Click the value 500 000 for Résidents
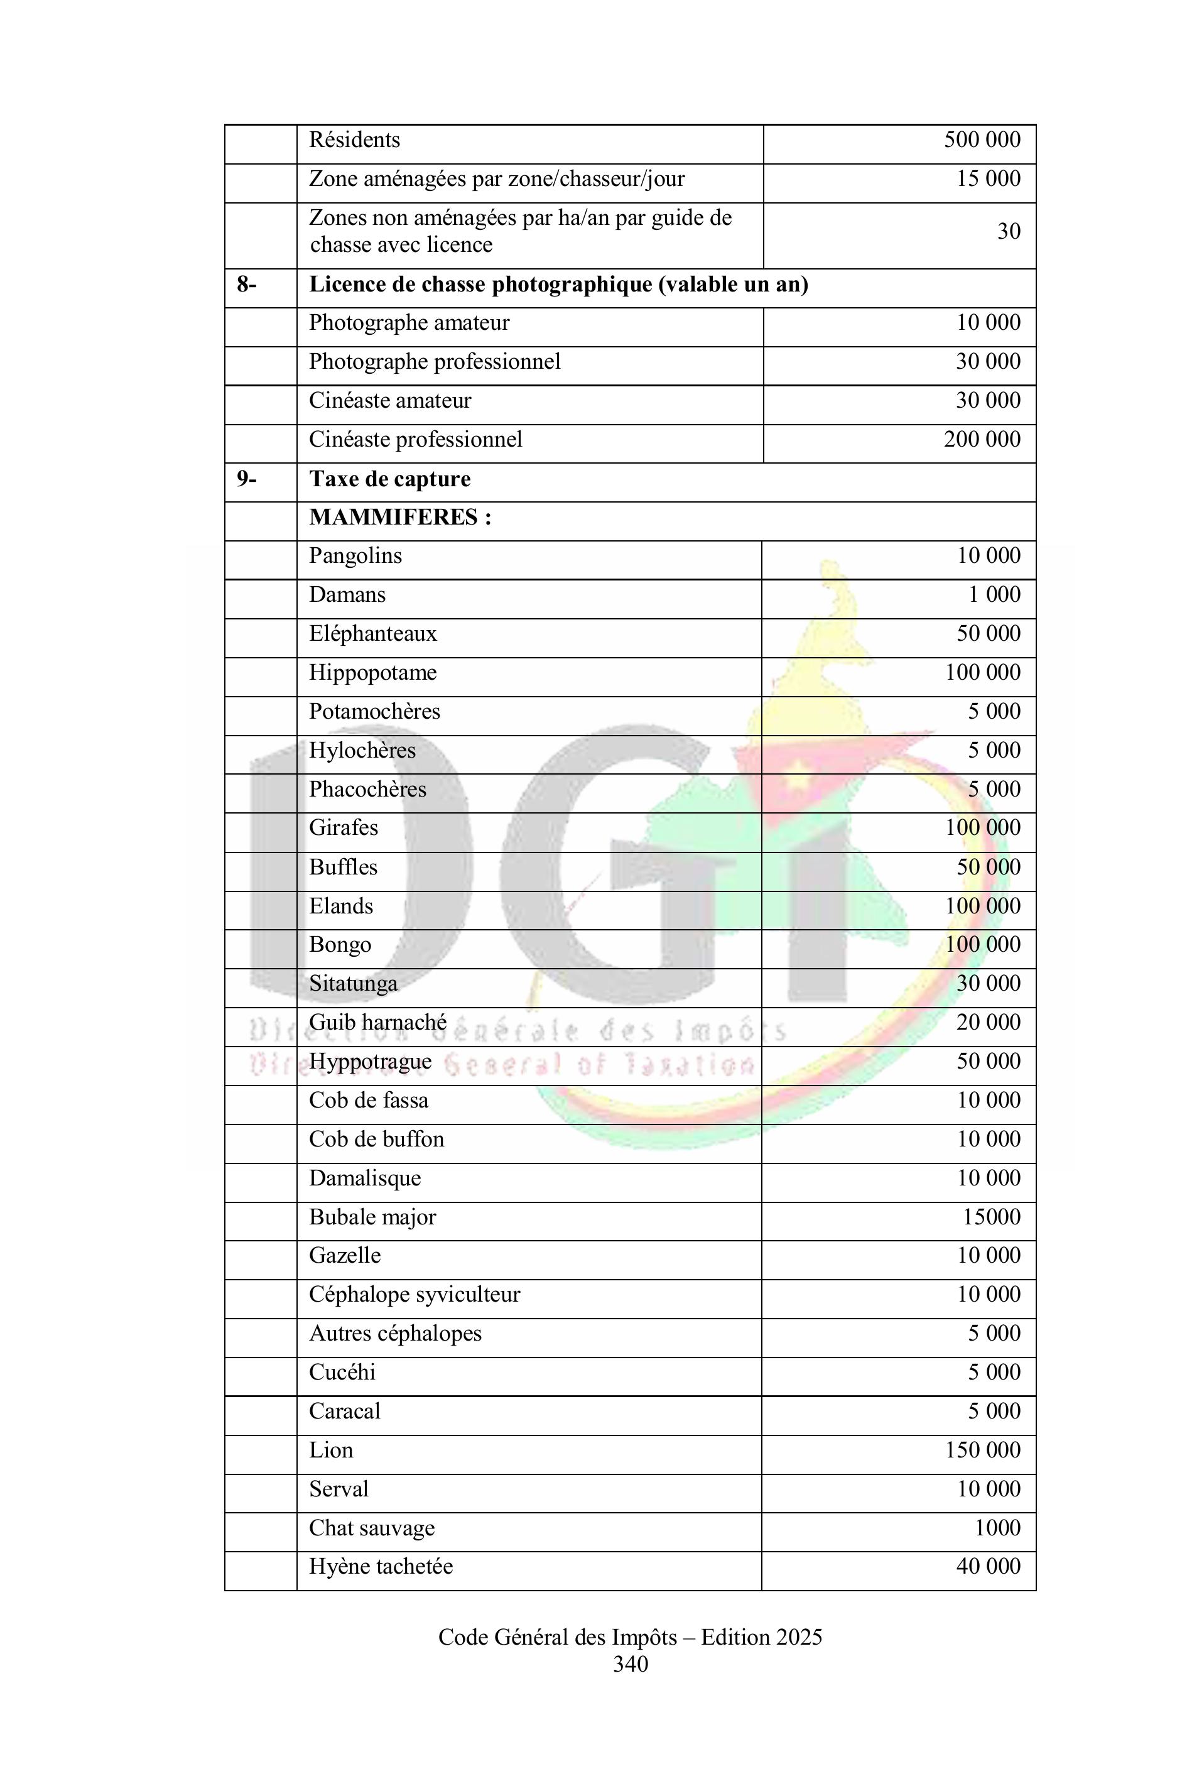point(981,140)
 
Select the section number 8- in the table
point(247,285)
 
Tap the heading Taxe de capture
point(389,479)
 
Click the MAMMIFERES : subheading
point(399,518)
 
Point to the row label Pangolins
point(355,557)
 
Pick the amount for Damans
point(994,595)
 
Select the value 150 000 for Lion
point(982,1450)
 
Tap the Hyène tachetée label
point(381,1567)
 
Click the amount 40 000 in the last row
point(988,1567)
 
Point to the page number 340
point(630,1664)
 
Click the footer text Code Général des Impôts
point(557,1637)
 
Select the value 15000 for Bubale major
point(992,1217)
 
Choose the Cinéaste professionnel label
point(415,440)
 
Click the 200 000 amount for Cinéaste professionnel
point(981,440)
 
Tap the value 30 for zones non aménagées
point(1009,232)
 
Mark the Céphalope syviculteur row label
point(414,1295)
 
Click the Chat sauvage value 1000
point(997,1528)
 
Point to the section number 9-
point(247,479)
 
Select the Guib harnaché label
point(377,1023)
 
